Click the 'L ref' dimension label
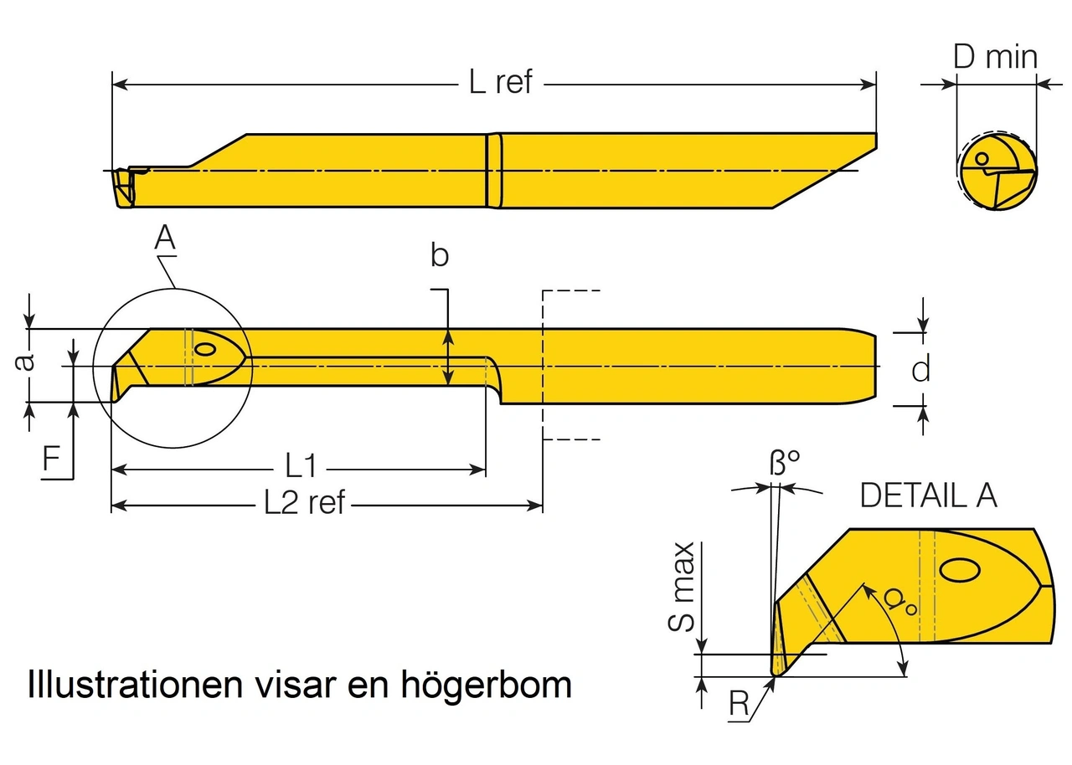[500, 83]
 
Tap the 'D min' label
[996, 57]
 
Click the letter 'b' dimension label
[440, 256]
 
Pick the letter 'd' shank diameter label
[920, 368]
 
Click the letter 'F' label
[52, 461]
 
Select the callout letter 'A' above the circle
[165, 239]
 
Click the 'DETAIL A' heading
[929, 496]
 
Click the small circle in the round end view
[982, 157]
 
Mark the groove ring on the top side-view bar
[494, 171]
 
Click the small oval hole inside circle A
[204, 347]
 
